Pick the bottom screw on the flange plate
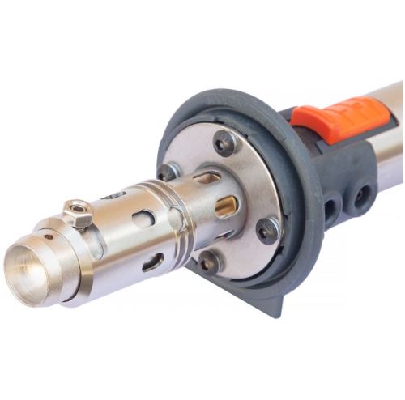pos(210,261)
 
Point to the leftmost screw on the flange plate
pos(168,172)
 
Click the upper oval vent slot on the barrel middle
pos(143,219)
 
